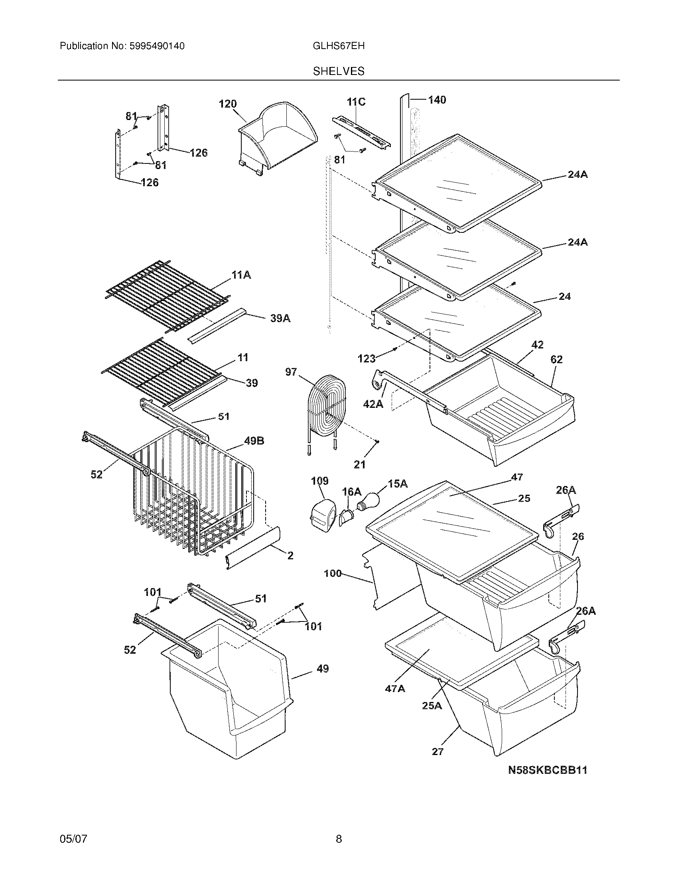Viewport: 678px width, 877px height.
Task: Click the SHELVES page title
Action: (339, 71)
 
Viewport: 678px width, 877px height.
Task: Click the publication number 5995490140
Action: (157, 46)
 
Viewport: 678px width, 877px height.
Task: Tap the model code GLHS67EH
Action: (339, 46)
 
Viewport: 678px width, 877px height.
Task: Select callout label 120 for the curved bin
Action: (228, 104)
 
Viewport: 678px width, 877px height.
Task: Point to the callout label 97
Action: (291, 372)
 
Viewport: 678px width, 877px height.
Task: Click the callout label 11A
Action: (241, 275)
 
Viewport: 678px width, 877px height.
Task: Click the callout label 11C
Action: (356, 102)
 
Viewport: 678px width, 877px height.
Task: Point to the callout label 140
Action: (437, 100)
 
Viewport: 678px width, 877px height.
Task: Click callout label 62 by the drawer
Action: (556, 360)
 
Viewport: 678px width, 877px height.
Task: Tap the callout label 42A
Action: (373, 403)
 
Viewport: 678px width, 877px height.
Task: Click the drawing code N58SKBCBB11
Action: (548, 770)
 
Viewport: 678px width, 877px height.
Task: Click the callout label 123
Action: (366, 358)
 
